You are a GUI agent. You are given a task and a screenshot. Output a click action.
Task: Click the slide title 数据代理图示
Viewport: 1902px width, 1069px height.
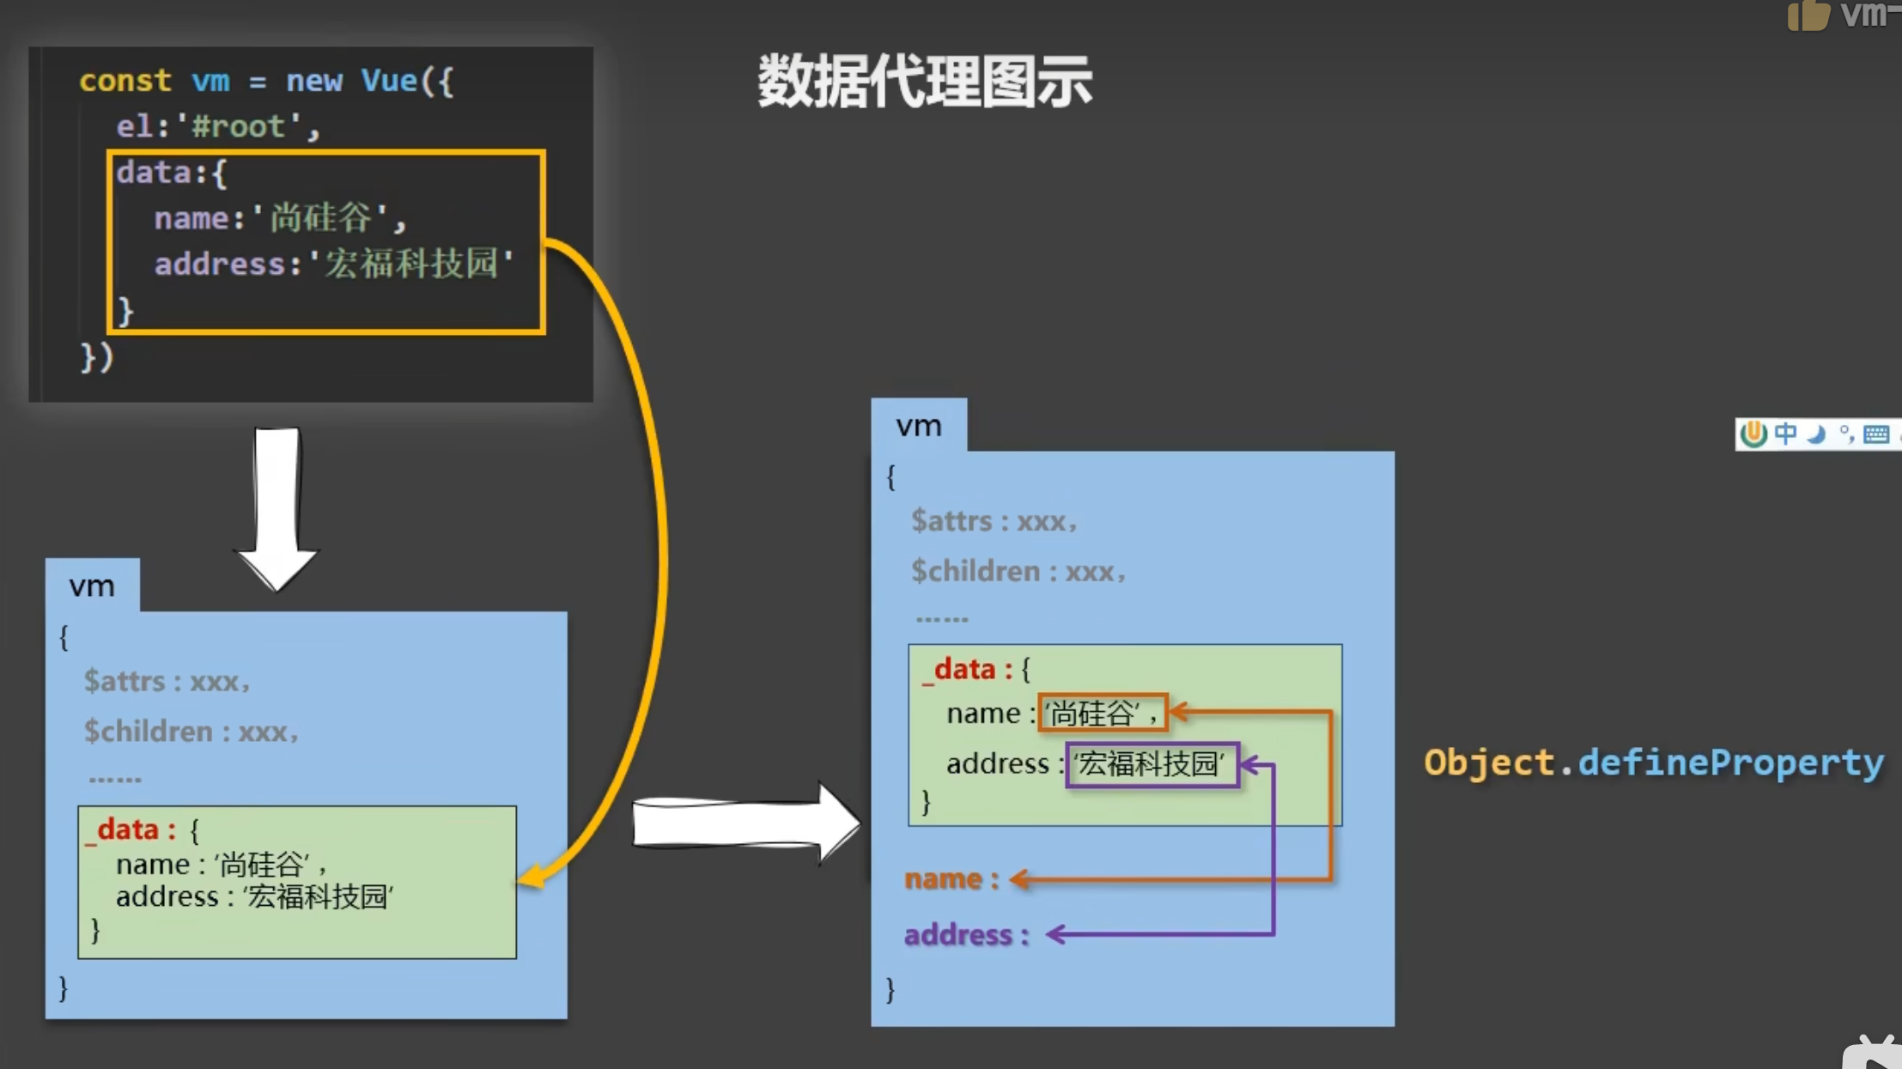[924, 82]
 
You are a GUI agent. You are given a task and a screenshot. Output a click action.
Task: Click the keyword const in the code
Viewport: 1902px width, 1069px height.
[125, 81]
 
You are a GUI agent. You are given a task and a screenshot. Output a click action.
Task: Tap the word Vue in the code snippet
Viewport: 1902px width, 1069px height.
[389, 81]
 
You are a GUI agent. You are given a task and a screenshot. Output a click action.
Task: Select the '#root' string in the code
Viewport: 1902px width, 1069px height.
[238, 127]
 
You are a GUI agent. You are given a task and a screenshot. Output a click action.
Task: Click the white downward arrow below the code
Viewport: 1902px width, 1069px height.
[277, 507]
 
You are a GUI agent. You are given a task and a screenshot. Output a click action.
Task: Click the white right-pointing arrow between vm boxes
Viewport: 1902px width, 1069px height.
[743, 823]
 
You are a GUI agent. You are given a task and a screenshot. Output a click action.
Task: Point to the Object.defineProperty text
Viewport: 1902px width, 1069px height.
[1653, 762]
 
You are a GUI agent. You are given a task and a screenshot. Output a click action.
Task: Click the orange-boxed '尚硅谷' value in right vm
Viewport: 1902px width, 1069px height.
[1102, 713]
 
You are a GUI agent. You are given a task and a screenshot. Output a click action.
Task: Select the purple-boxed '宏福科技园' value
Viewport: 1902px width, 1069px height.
[1151, 764]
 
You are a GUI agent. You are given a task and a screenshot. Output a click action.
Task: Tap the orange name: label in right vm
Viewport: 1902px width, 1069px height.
[951, 878]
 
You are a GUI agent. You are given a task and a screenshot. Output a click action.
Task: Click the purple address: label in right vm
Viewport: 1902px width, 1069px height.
[966, 934]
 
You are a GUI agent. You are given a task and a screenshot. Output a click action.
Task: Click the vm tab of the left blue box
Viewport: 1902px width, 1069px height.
[92, 586]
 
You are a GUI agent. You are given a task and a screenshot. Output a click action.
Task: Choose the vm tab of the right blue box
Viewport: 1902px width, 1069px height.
[918, 426]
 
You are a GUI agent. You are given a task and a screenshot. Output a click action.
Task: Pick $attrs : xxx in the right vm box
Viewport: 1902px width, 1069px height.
[994, 521]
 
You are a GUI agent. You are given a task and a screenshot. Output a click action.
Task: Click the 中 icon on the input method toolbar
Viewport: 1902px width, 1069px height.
[1785, 434]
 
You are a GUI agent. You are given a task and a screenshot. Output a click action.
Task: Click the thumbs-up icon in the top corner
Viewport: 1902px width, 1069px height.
[1808, 15]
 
